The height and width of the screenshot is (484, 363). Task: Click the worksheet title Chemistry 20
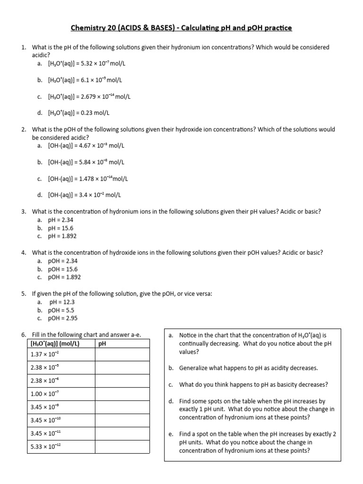pos(181,28)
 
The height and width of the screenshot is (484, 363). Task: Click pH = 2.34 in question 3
pos(60,220)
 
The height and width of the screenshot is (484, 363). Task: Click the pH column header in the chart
pos(102,344)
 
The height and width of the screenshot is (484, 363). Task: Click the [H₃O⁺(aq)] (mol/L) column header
pos(54,344)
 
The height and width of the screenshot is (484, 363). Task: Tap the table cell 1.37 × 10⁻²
pos(45,354)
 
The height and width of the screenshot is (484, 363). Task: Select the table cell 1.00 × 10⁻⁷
pos(45,394)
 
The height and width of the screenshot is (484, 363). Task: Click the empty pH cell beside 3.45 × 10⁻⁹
pos(123,407)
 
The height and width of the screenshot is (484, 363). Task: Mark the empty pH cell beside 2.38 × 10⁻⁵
pos(123,367)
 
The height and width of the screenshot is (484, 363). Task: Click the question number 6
pos(24,335)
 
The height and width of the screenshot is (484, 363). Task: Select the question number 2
pos(24,130)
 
